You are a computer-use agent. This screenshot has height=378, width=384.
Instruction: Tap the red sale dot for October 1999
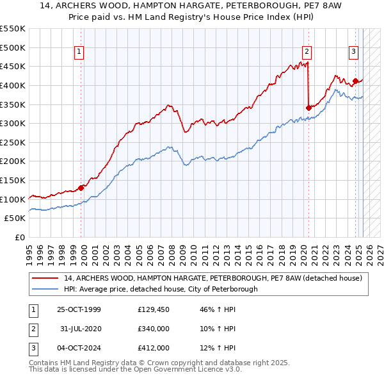[81, 188]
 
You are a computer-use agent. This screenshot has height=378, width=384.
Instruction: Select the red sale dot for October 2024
[355, 81]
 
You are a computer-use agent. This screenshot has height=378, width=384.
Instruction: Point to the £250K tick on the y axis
[13, 142]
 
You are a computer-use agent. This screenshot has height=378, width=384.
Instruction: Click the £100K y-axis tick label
[13, 199]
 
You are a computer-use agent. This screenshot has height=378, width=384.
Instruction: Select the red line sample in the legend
[45, 278]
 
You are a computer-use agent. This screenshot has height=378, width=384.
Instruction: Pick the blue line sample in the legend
[45, 289]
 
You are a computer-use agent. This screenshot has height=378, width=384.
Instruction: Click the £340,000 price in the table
[154, 329]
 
